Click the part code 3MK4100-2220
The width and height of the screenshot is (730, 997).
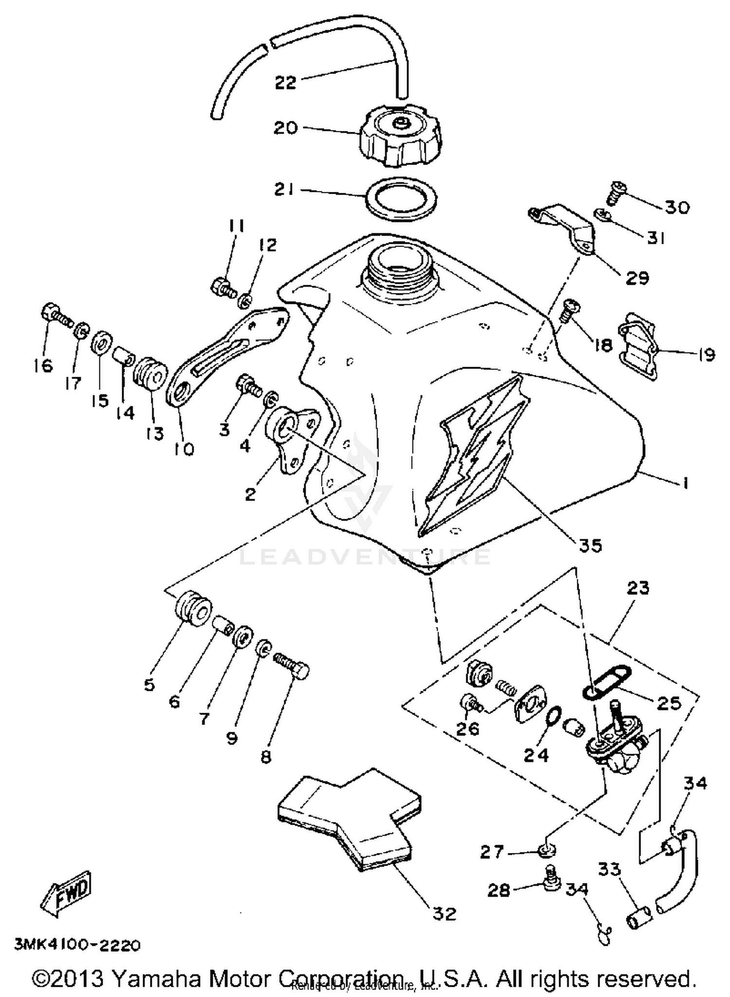[x=78, y=945]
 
